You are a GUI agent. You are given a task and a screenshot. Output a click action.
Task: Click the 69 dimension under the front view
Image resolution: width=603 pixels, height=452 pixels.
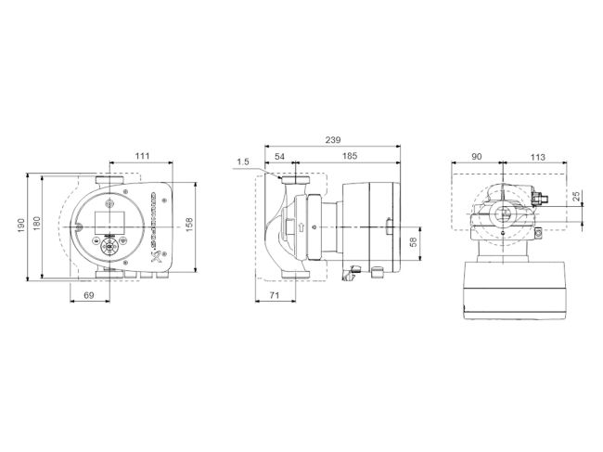[89, 294]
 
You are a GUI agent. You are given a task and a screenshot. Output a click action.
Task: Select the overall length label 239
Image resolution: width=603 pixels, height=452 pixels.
[331, 140]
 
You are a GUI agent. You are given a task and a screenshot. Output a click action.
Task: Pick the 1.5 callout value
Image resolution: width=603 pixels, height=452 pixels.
[243, 162]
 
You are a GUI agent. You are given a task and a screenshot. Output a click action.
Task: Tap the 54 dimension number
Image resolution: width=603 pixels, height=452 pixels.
[279, 158]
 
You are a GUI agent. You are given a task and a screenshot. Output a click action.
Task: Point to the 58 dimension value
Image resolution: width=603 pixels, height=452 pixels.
[413, 241]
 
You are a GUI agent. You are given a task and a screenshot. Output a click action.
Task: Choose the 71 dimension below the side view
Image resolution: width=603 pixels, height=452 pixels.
[275, 294]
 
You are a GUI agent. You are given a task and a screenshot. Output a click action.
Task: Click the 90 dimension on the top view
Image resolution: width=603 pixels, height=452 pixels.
[475, 158]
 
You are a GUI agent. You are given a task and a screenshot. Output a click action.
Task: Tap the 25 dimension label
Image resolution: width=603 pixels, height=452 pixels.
[576, 196]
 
